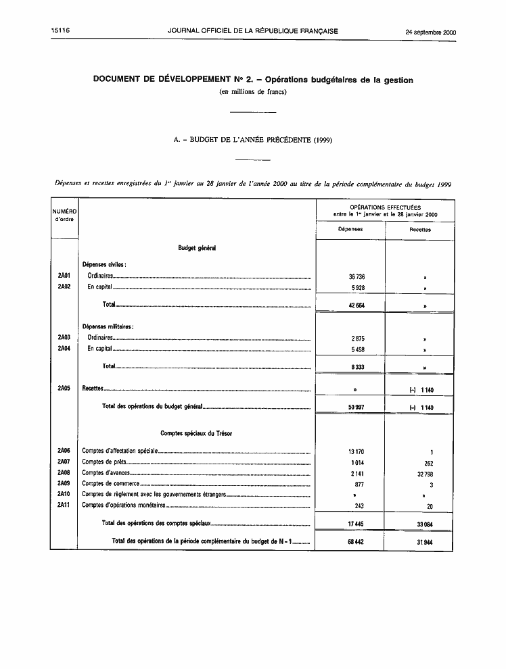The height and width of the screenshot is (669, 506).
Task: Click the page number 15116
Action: pos(60,31)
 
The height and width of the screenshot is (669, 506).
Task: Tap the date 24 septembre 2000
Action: pos(430,32)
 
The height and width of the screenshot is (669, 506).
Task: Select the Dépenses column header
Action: pos(350,229)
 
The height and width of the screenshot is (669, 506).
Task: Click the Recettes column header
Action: pos(419,230)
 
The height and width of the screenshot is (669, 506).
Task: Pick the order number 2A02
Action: pos(64,287)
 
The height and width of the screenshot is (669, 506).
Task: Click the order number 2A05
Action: pos(64,389)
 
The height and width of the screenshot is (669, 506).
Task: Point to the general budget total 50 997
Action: pos(352,407)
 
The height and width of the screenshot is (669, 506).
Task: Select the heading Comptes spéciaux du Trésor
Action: pos(196,432)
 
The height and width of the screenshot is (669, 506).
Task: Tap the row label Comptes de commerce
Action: pos(110,484)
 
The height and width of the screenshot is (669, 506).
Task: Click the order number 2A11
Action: pos(64,505)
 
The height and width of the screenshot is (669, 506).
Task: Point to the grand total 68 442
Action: pos(352,542)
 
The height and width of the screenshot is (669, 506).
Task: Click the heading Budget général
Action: pos(197,249)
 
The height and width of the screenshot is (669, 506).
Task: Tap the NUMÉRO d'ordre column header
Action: pos(64,215)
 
